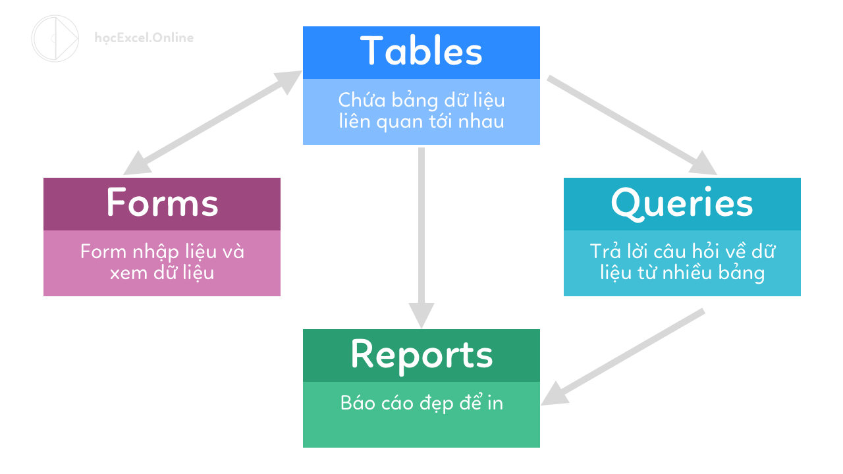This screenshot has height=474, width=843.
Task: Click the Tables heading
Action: click(x=421, y=51)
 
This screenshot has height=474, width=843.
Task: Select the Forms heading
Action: click(x=162, y=202)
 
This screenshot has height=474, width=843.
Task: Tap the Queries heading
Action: click(x=682, y=203)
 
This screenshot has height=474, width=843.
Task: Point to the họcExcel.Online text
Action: click(x=144, y=38)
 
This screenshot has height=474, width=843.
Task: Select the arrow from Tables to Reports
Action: click(x=421, y=237)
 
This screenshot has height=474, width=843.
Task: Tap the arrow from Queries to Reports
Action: click(x=623, y=356)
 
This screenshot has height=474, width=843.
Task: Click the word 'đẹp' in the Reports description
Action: click(x=437, y=404)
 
